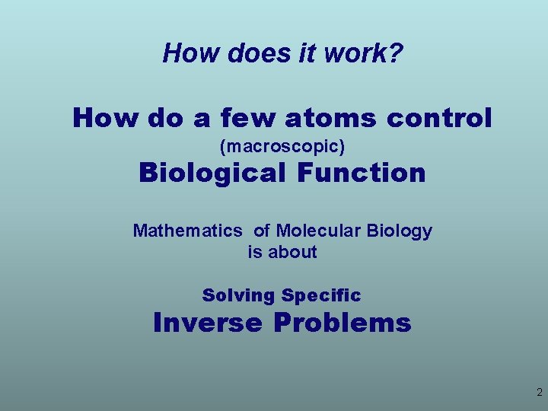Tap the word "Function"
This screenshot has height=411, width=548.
[x=362, y=173]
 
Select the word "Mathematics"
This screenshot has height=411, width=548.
[x=187, y=231]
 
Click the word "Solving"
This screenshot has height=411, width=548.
[x=238, y=295]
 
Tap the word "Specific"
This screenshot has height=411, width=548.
[x=321, y=295]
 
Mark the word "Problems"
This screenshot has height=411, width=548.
[x=342, y=323]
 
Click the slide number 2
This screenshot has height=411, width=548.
[x=539, y=393]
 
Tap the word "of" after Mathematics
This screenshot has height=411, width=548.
[x=262, y=231]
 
